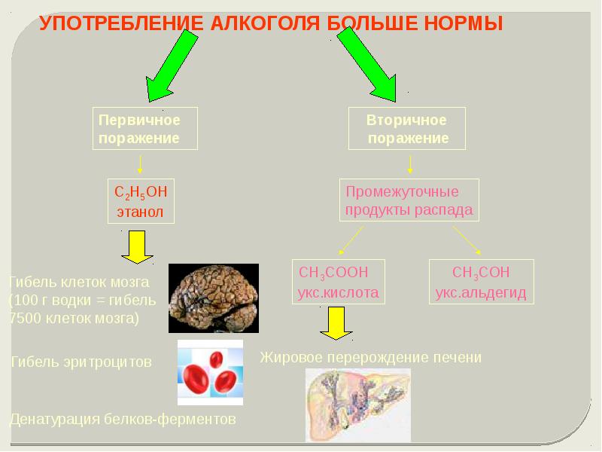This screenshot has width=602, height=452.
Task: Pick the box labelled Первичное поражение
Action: (145, 129)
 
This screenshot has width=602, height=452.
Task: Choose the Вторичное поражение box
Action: (407, 129)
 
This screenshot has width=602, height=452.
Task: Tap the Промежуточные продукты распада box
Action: (409, 201)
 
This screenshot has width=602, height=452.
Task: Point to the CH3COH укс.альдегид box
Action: (482, 282)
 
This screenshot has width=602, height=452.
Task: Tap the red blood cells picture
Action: (210, 373)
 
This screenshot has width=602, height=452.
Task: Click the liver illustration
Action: (357, 403)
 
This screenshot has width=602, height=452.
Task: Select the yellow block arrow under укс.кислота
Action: (333, 325)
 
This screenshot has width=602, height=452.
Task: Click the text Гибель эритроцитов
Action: (81, 362)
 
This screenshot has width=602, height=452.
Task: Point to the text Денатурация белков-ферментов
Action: (123, 419)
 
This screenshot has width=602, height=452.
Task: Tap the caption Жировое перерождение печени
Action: (370, 357)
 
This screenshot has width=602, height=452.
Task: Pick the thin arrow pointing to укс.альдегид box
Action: (468, 241)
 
